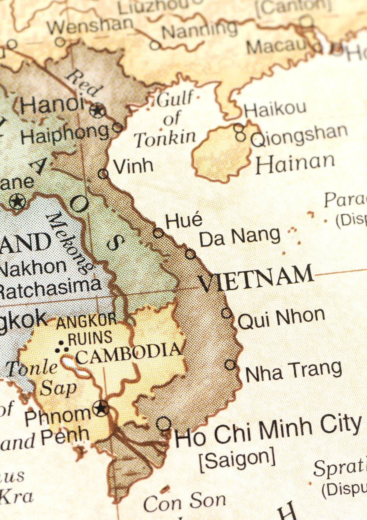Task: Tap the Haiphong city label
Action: coord(64,134)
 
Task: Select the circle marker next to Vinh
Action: coord(103,174)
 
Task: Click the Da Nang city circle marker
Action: coord(190,254)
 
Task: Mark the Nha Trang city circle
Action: coord(230,365)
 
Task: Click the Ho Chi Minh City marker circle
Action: coord(164,424)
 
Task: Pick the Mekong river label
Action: coord(69,243)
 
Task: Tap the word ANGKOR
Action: coord(87,322)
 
